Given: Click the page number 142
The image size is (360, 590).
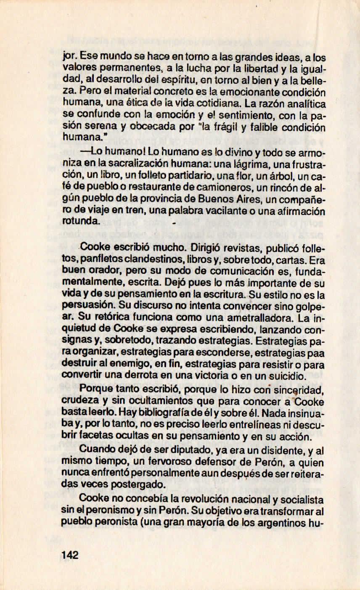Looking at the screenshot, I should click(x=70, y=555).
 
